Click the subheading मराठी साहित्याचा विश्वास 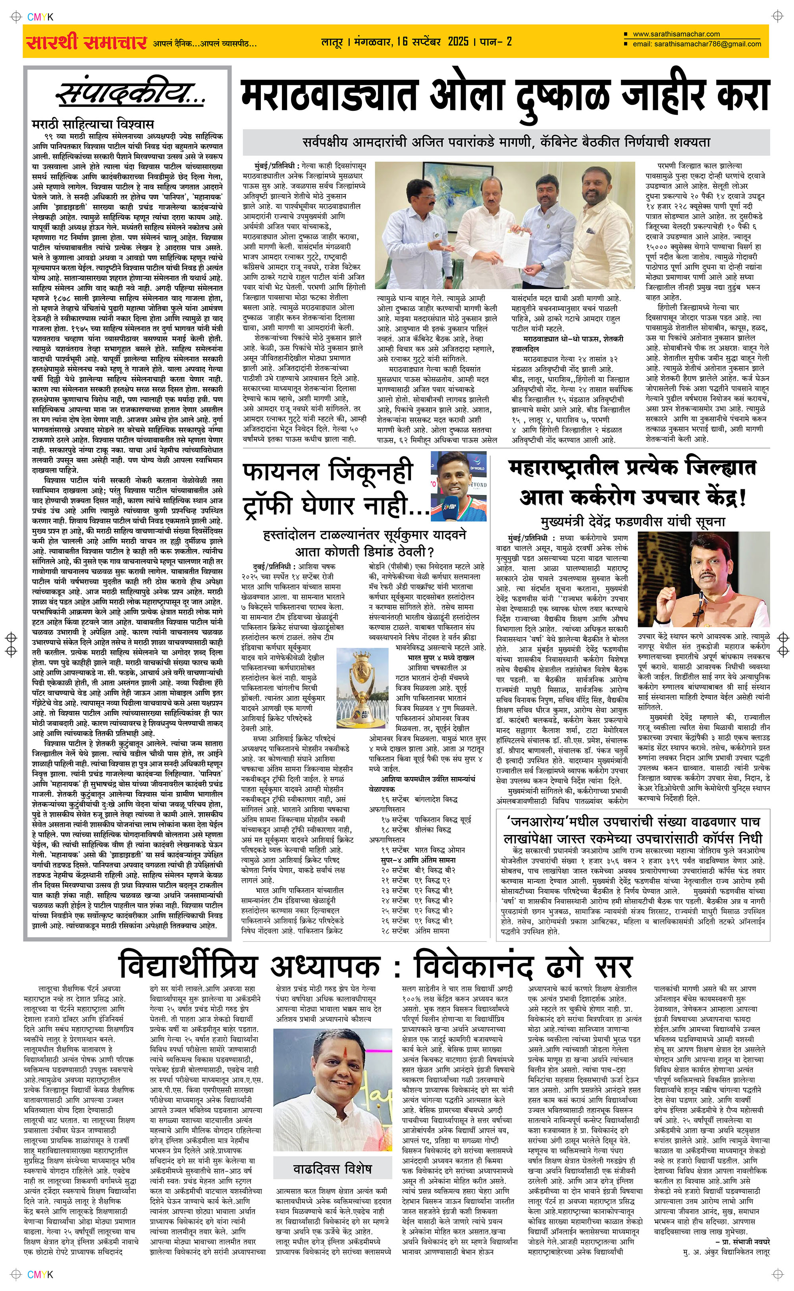tap(93, 125)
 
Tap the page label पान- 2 tap(496, 41)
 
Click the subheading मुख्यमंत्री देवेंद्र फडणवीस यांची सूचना tap(633, 521)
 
